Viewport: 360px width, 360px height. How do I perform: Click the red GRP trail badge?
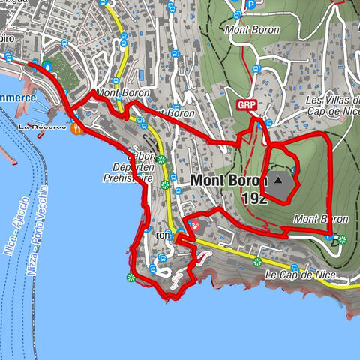tap(244, 104)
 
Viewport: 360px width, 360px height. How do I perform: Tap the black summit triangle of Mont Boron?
tap(279, 180)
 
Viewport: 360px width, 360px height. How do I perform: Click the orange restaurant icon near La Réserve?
tap(77, 128)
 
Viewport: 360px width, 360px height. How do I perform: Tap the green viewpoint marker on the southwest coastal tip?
tap(131, 278)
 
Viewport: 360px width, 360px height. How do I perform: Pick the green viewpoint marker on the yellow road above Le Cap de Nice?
tap(257, 262)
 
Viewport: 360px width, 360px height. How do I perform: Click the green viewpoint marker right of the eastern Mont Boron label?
tap(343, 240)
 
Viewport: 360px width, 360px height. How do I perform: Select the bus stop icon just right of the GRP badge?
tap(268, 123)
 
